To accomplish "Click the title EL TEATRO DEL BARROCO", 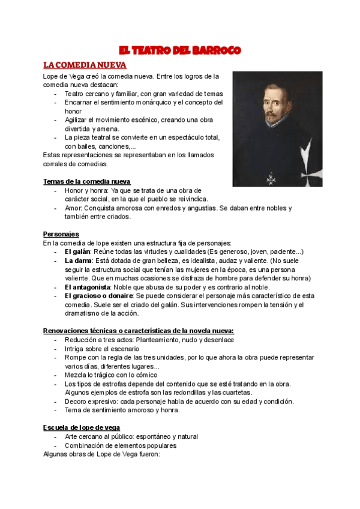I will point(179,50).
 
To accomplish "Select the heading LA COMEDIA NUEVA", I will point(84,64).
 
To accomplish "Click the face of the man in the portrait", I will point(266,99).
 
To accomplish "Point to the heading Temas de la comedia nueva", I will point(87,181).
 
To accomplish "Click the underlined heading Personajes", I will point(61,233).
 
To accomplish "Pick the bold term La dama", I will point(78,261).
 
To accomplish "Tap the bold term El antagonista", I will point(88,287).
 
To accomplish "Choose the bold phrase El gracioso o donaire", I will point(99,296).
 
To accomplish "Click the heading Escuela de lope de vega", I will point(81,427).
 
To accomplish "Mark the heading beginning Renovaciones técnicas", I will point(138,331).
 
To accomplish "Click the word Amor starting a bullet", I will point(73,208).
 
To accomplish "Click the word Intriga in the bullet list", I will point(75,349).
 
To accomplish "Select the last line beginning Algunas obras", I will point(101,454).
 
